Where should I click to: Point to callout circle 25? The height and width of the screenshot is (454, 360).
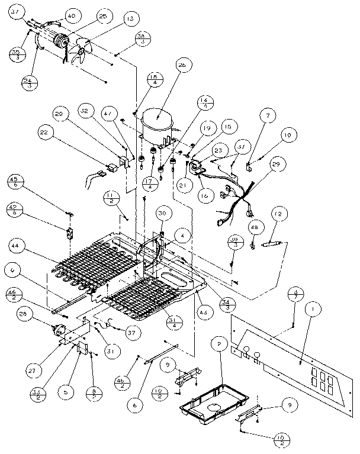click(x=102, y=18)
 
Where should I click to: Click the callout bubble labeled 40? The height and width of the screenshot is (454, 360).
click(x=71, y=15)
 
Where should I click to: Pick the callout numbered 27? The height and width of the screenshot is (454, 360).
click(x=32, y=371)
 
